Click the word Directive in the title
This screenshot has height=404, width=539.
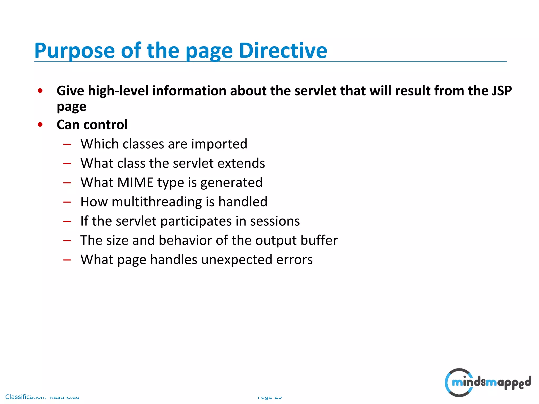(x=283, y=50)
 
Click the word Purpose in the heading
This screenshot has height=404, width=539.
(x=74, y=50)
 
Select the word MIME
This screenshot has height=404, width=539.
(x=135, y=183)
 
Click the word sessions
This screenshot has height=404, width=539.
(x=275, y=221)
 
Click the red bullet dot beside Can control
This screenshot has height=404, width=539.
(x=40, y=124)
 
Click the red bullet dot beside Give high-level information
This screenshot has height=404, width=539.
(x=40, y=91)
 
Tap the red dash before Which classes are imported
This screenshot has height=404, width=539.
(x=67, y=144)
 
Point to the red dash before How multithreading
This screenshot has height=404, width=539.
(x=67, y=202)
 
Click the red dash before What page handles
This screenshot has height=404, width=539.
(x=67, y=260)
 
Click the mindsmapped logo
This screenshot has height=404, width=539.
(x=487, y=382)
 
